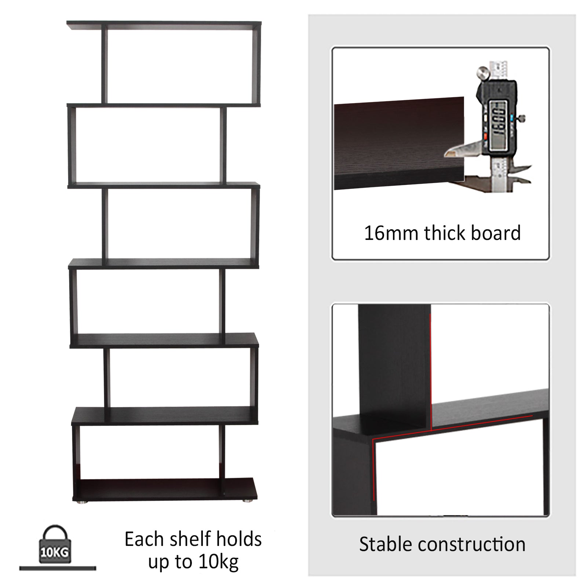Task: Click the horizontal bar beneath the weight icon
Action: click(x=58, y=568)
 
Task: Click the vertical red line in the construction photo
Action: click(x=431, y=371)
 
